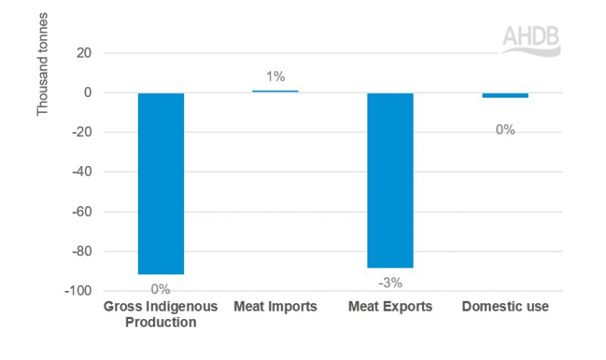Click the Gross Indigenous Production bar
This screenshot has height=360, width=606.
(x=161, y=183)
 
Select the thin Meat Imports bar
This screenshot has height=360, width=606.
(x=275, y=92)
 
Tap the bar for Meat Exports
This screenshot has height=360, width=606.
(x=390, y=180)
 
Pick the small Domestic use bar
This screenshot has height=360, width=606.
(x=505, y=95)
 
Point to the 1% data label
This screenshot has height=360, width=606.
(x=275, y=77)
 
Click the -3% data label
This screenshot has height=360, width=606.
(x=390, y=283)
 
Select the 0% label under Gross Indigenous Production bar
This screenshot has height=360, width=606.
(x=161, y=289)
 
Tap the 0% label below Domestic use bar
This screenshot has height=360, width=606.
(x=505, y=130)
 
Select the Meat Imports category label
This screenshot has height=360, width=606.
(x=275, y=307)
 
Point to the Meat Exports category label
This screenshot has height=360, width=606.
(x=390, y=307)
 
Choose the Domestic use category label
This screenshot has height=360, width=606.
(x=505, y=307)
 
